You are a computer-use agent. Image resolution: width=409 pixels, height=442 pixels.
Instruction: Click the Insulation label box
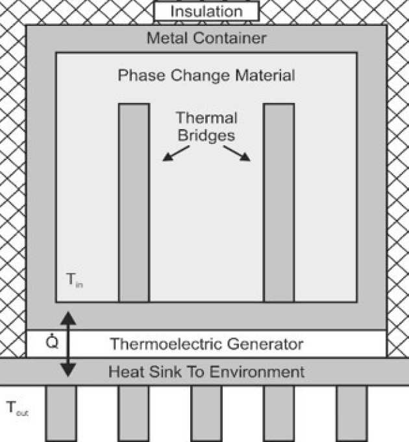pyautogui.click(x=206, y=12)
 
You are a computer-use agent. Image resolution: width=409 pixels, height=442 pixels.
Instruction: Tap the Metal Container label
pyautogui.click(x=206, y=38)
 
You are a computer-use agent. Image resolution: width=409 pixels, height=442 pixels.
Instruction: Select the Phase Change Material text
pyautogui.click(x=206, y=75)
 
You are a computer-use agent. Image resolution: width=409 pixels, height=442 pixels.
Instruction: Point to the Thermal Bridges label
pyautogui.click(x=206, y=127)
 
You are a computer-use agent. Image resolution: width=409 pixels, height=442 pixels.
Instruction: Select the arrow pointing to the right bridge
pyautogui.click(x=237, y=154)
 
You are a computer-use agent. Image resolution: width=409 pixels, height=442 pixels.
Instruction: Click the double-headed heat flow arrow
pyautogui.click(x=68, y=343)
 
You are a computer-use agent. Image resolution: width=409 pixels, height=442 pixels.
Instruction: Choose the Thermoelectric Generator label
pyautogui.click(x=206, y=343)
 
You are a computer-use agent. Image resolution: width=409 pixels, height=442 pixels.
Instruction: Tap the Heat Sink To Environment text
pyautogui.click(x=206, y=372)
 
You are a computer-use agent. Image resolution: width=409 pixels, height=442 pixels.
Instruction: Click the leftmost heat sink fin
pyautogui.click(x=61, y=413)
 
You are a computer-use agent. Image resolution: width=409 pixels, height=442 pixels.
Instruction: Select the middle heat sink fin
pyautogui.click(x=206, y=413)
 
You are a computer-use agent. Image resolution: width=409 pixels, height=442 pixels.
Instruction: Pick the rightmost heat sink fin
pyautogui.click(x=351, y=413)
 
